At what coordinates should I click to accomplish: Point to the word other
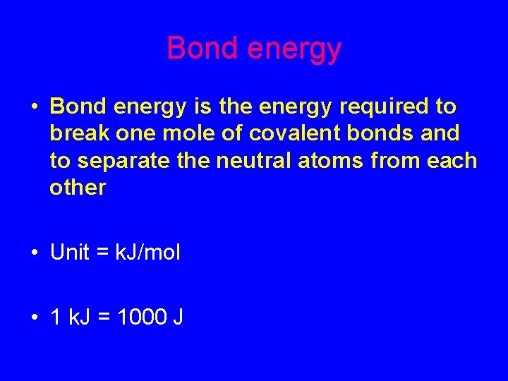click(78, 188)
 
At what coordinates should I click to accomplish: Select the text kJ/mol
click(150, 253)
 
